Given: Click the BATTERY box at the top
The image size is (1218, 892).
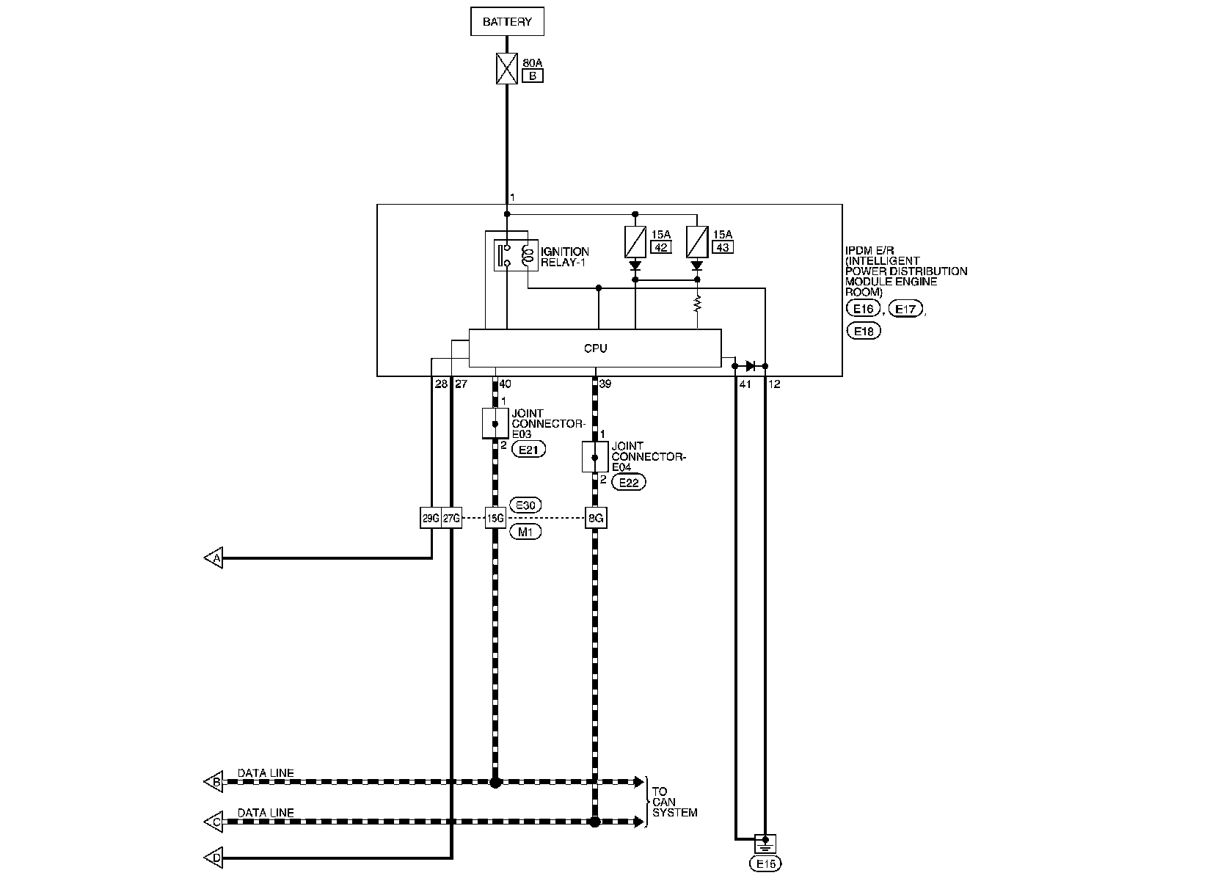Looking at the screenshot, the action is click(x=507, y=21).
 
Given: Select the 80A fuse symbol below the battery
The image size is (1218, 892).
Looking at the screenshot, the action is click(x=507, y=68).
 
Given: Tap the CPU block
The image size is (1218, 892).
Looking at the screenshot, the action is click(x=595, y=348).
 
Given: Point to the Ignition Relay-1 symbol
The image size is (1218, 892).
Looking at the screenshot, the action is click(x=516, y=255).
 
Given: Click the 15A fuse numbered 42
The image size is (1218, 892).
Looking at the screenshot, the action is click(x=635, y=241).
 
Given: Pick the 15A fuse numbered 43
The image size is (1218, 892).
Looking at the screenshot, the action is click(x=697, y=241).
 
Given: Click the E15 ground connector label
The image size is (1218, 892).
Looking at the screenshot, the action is click(x=765, y=863).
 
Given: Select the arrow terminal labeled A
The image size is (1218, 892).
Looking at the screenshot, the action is click(x=214, y=557).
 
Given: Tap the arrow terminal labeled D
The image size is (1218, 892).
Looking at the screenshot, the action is click(x=214, y=858).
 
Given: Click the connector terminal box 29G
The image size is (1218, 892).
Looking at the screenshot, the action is click(x=431, y=518).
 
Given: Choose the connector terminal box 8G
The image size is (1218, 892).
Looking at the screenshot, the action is click(x=596, y=518).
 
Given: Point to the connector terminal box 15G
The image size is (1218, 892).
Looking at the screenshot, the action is click(x=495, y=518).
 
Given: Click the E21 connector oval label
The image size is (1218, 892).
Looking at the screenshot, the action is click(x=528, y=450).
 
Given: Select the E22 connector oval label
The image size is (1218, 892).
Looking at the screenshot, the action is click(x=629, y=482).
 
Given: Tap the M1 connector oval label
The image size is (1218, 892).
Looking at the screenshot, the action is click(x=525, y=532).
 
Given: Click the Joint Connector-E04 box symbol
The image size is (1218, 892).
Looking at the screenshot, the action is click(x=595, y=456).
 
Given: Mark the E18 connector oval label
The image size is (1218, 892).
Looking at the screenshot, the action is click(x=864, y=331).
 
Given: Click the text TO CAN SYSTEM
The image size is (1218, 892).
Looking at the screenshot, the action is click(x=674, y=802).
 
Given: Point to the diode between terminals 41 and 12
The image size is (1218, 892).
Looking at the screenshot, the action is click(x=751, y=366).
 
